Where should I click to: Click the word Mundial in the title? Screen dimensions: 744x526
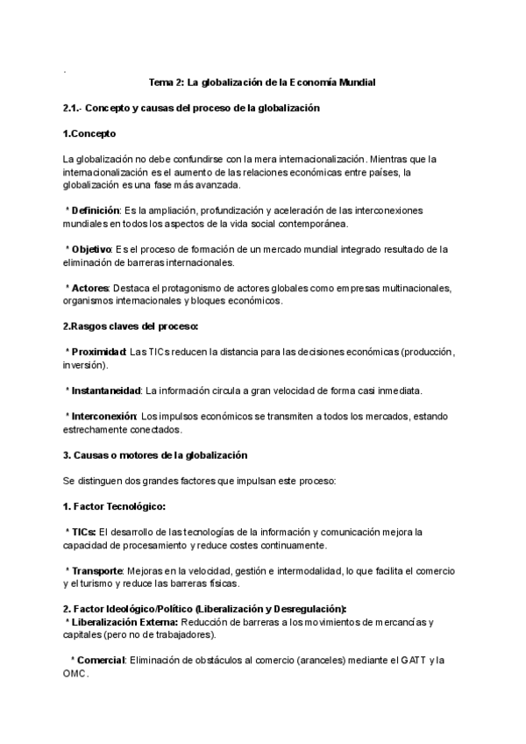[352, 82]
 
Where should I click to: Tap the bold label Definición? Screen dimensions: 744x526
[97, 211]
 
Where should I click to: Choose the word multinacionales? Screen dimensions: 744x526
[409, 288]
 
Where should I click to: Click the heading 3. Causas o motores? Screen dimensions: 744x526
[155, 454]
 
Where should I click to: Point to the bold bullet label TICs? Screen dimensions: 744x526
[84, 532]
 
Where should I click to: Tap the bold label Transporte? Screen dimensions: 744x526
[96, 570]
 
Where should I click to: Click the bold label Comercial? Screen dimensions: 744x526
[102, 660]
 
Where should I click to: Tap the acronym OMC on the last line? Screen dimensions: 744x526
[75, 673]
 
